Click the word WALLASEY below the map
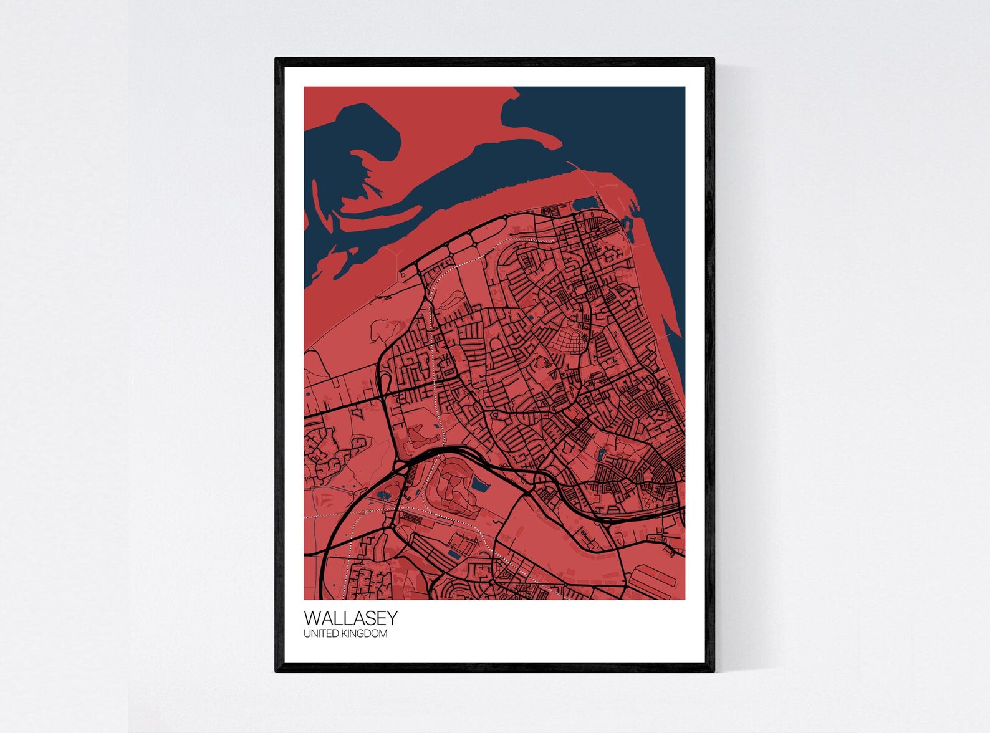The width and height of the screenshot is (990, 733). (350, 618)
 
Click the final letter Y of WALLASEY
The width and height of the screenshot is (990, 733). (392, 618)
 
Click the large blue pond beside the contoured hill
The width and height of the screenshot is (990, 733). (479, 484)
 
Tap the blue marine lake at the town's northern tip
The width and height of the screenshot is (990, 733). (584, 203)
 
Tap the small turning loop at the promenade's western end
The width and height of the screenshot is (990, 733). (403, 273)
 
